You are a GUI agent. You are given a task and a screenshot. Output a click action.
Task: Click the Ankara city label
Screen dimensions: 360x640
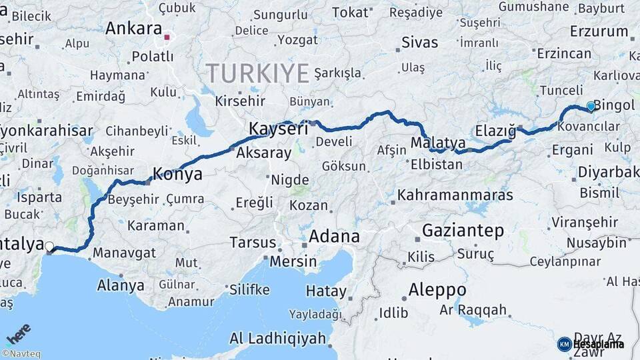point(133,29)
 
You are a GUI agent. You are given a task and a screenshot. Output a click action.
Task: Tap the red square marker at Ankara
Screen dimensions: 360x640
point(168,38)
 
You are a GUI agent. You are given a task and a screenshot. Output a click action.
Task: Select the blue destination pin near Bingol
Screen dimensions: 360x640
point(591,106)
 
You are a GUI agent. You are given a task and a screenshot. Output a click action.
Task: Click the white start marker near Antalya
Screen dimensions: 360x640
point(49,247)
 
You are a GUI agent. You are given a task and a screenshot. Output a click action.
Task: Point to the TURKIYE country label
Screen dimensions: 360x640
point(257,72)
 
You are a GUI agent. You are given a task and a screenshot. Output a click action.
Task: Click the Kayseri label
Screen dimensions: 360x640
point(278,128)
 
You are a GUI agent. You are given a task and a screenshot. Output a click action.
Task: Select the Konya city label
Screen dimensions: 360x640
point(177,175)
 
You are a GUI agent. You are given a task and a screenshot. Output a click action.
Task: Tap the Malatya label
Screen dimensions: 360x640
point(438,143)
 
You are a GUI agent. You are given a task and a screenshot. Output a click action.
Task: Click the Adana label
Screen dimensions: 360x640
point(334,236)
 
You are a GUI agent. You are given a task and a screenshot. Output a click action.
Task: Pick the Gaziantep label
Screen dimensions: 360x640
point(463,231)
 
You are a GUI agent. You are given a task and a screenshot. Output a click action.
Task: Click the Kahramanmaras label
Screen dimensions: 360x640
point(455,195)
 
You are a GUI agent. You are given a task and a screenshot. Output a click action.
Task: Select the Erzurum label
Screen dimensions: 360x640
point(599,31)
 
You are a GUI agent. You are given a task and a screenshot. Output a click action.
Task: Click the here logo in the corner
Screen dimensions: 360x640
point(19,333)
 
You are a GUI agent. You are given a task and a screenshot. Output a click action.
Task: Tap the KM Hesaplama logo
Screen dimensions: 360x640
point(590,344)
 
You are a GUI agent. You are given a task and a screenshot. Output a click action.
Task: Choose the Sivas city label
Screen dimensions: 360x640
point(420,43)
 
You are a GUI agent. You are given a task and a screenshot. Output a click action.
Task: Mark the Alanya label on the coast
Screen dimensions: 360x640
point(121,285)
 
